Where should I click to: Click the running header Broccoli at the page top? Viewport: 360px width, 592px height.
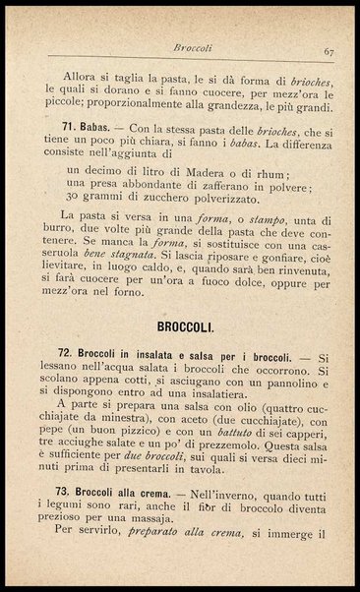click(193, 45)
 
